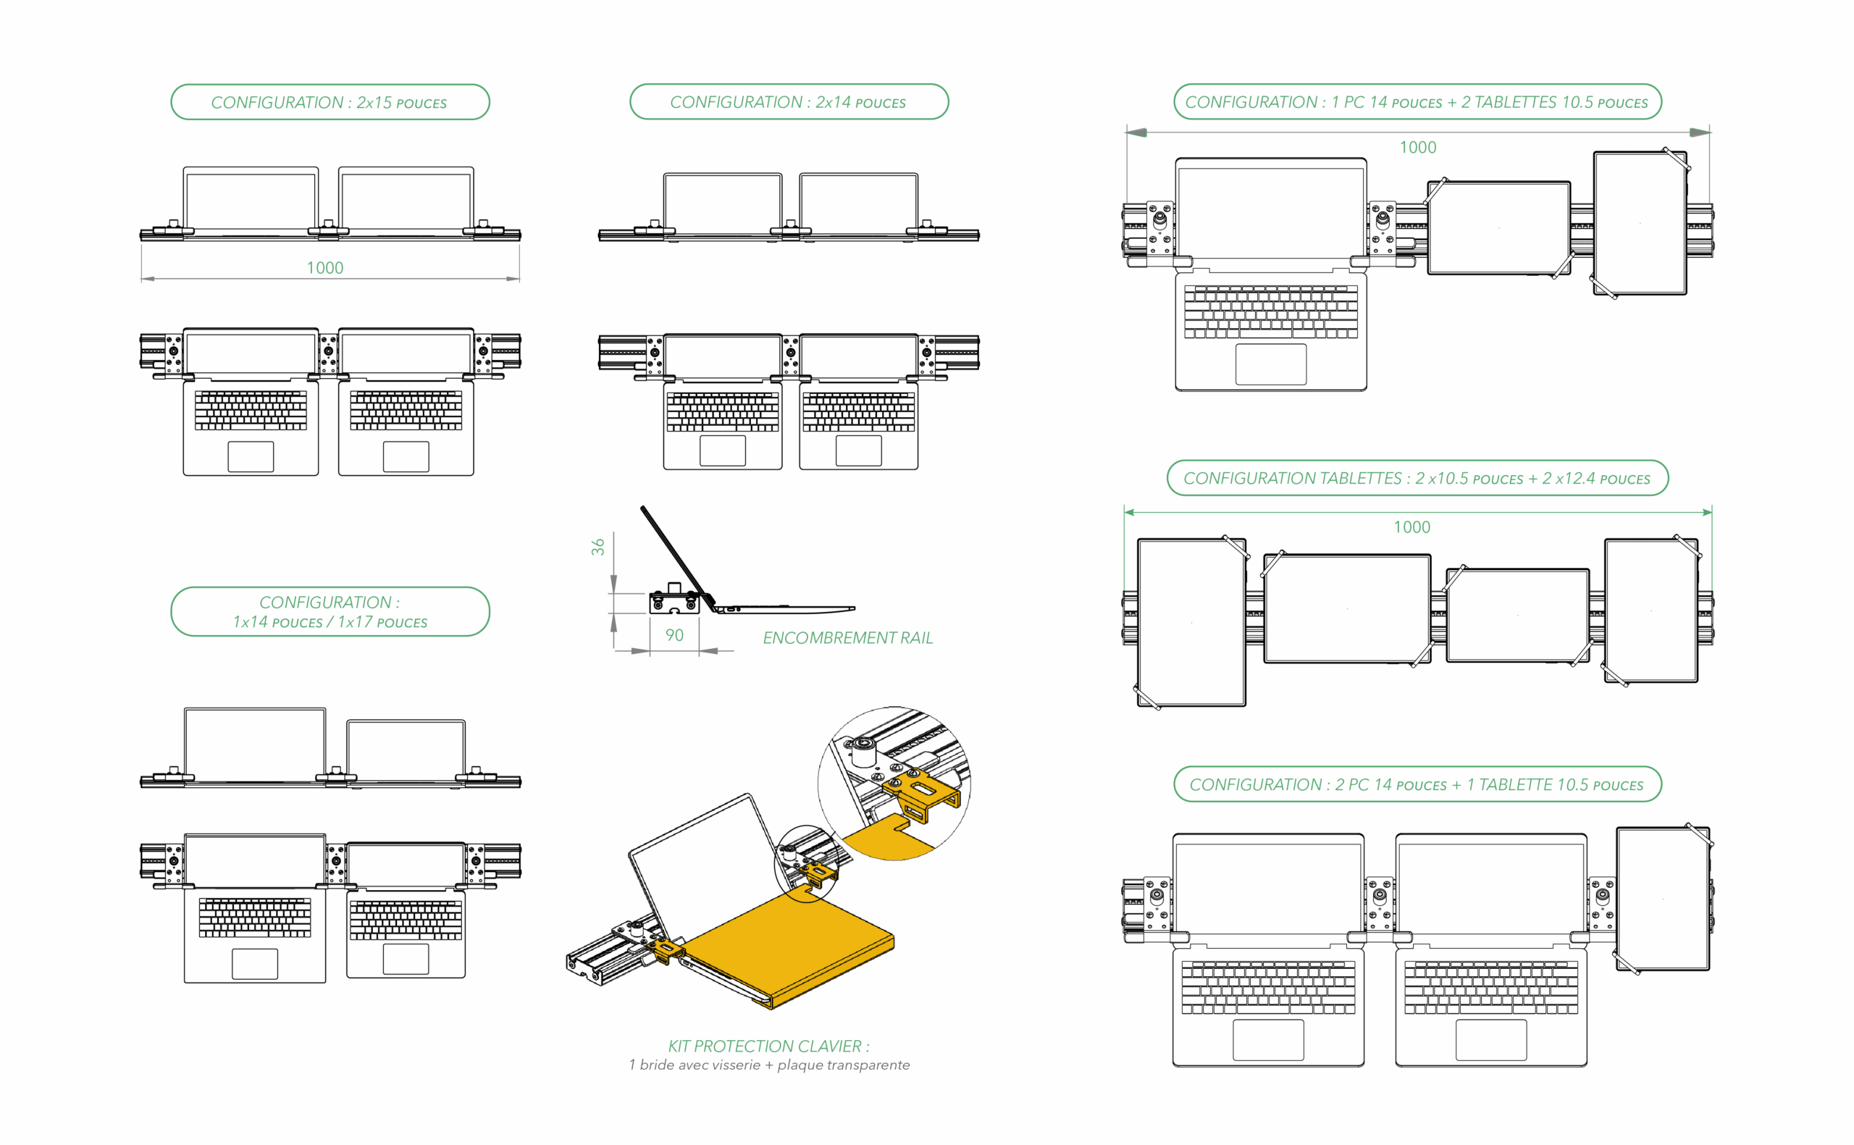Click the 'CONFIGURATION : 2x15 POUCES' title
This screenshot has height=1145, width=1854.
click(330, 102)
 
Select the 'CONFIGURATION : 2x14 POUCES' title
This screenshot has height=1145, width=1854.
click(788, 102)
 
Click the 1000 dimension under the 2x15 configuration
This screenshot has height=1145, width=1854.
click(324, 268)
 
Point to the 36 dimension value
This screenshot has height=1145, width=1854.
click(598, 547)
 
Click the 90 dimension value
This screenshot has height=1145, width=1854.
click(674, 635)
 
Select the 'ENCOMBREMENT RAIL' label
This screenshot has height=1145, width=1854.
click(848, 638)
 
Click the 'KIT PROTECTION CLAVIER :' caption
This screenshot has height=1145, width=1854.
click(768, 1047)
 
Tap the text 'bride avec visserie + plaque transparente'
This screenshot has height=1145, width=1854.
click(774, 1065)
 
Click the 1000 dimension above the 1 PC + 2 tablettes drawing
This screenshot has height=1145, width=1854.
click(1417, 148)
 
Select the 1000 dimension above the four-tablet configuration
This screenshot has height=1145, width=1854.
click(1412, 527)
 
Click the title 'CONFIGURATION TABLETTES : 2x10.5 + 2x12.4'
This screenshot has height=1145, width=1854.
click(1417, 479)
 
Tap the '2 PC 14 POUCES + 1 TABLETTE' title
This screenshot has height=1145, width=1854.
click(1417, 784)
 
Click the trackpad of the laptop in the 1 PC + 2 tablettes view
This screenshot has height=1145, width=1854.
click(1270, 364)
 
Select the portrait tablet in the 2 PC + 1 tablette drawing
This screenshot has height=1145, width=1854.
click(1663, 899)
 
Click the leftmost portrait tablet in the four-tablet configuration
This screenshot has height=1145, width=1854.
click(1191, 623)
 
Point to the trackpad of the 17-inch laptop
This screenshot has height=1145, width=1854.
click(254, 963)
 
